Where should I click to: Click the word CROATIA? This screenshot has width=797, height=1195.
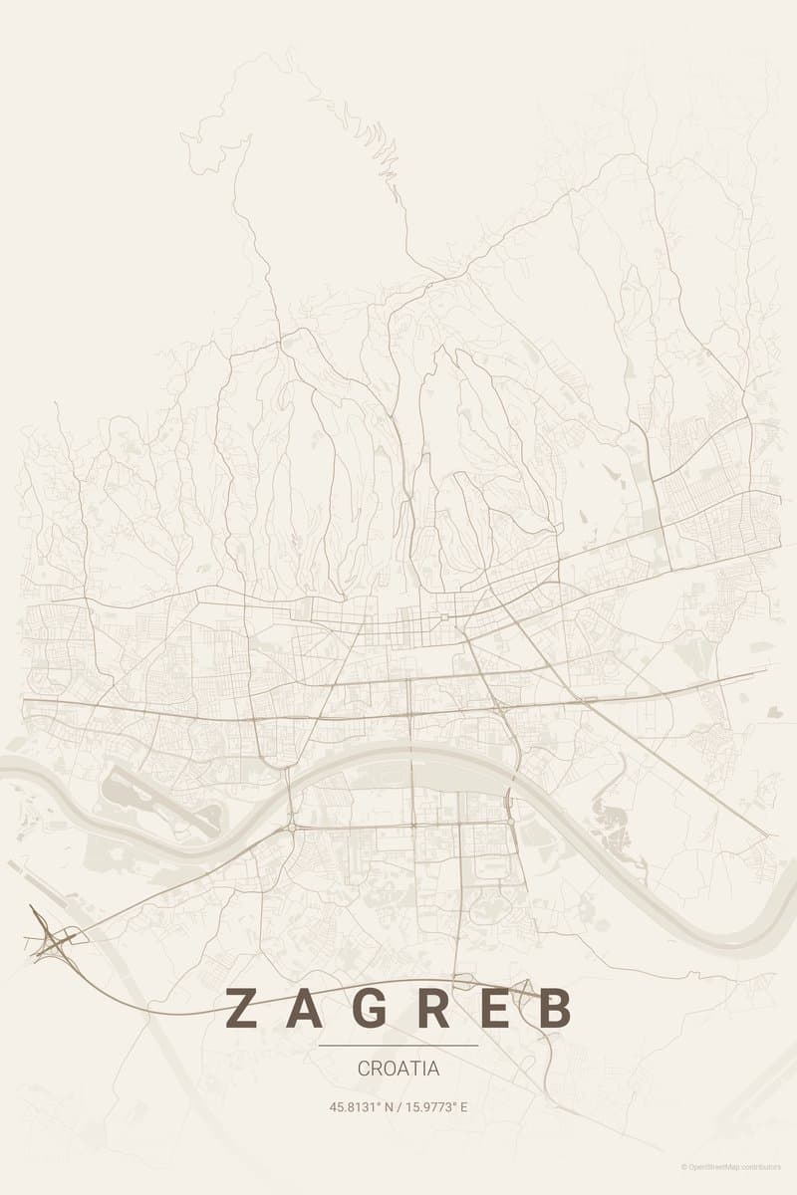pyautogui.click(x=398, y=1069)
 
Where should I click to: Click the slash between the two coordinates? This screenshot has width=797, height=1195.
pyautogui.click(x=400, y=1106)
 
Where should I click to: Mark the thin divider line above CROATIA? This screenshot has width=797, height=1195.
pyautogui.click(x=398, y=1046)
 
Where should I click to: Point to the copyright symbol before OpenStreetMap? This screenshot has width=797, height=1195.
pyautogui.click(x=684, y=1166)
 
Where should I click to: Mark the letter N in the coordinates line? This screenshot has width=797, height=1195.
pyautogui.click(x=391, y=1106)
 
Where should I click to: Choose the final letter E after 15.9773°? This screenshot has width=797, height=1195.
pyautogui.click(x=463, y=1106)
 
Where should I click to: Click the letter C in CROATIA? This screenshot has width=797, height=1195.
pyautogui.click(x=364, y=1069)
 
